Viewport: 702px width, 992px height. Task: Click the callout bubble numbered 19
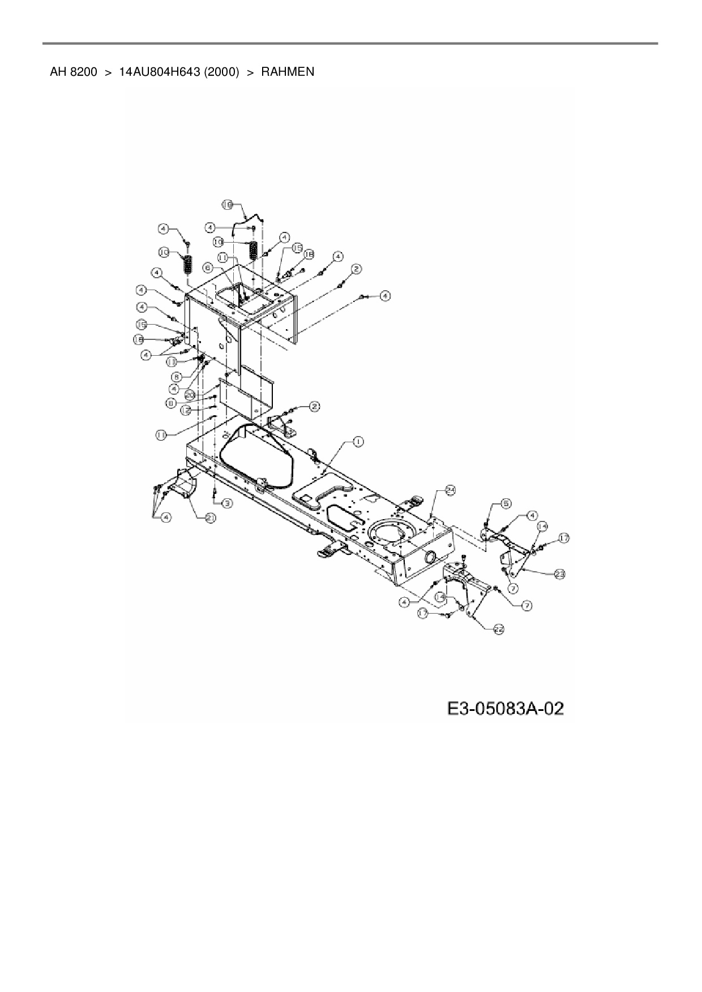227,205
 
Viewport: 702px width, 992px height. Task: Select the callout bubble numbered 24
450,490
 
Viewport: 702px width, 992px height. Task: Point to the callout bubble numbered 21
211,517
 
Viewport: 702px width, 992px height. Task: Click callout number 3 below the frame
226,503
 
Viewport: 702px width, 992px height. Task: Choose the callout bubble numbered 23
559,573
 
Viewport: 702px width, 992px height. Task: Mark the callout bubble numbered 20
190,394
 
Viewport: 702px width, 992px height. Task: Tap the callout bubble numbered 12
185,411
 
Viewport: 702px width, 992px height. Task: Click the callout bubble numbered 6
208,267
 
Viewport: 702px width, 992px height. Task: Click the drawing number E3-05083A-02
506,709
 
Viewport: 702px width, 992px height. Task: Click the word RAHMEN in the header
288,72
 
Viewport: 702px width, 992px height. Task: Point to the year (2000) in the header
218,72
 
